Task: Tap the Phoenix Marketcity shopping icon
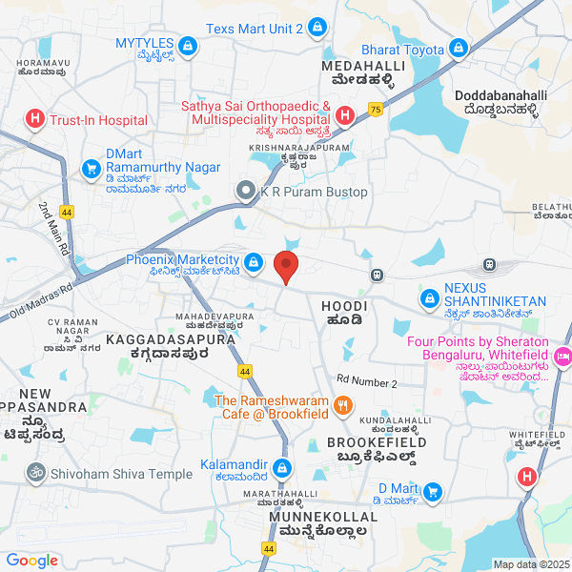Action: pos(254,261)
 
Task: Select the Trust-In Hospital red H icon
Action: pos(35,120)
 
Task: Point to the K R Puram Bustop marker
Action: pos(247,192)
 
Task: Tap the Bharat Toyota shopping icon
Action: pos(459,49)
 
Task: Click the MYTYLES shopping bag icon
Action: pos(188,44)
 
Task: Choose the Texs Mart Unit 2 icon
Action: pos(317,30)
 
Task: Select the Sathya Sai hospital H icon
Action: pos(344,115)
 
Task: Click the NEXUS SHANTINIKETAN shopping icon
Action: pos(430,300)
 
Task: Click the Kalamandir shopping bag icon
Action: pos(282,468)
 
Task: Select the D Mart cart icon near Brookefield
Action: pos(433,492)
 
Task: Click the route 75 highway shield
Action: pos(376,110)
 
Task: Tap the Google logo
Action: pos(32,561)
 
